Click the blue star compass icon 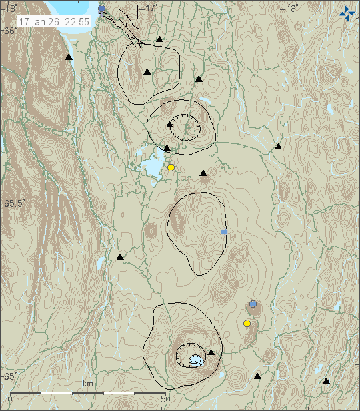coord(347,13)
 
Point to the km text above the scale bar coord(87,384)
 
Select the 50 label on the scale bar coord(166,399)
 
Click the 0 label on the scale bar coord(9,399)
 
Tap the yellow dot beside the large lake coord(171,168)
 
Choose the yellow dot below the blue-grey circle coord(247,324)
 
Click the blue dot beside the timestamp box coord(102,9)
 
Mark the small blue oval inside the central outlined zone coord(225,232)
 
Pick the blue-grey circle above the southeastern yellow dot coord(253,304)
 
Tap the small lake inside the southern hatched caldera coord(195,360)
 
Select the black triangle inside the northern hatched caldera coord(170,124)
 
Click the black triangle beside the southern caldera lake coord(211,352)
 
